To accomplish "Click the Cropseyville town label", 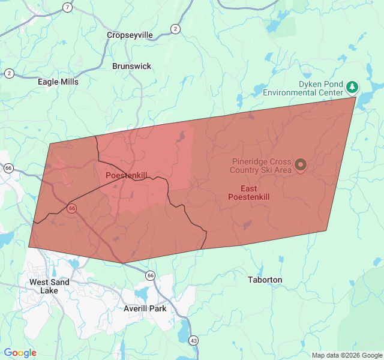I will [130, 35].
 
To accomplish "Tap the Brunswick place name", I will [131, 66].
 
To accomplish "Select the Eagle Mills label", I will [58, 82].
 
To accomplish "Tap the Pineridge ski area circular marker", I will [300, 164].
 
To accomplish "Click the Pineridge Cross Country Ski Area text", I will [262, 166].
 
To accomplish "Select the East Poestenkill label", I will [249, 193].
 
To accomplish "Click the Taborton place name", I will [265, 280].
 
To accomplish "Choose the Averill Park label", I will [145, 308].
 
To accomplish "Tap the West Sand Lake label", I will [49, 286].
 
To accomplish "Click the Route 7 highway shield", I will [67, 8].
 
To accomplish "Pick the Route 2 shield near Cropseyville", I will [175, 29].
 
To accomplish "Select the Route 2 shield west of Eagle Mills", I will [9, 73].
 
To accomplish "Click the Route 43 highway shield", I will [193, 340].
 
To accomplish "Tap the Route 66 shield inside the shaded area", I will [71, 208].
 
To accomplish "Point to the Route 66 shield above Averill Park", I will [150, 275].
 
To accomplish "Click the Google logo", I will [20, 353].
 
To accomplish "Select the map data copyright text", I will [347, 355].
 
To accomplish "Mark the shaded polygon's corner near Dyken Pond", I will [356, 97].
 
